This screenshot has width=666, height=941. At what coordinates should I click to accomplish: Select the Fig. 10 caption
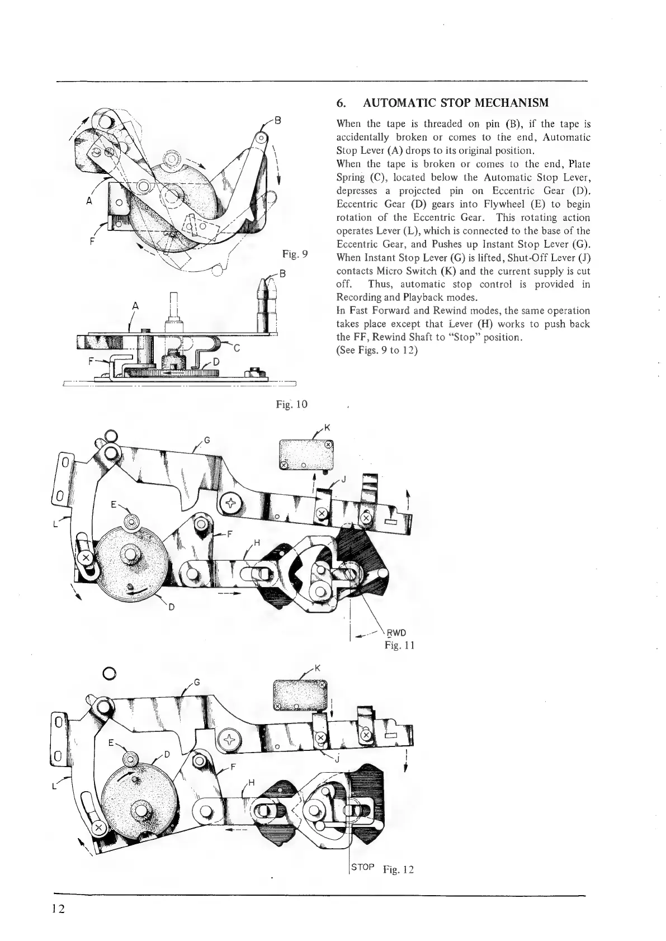click(291, 404)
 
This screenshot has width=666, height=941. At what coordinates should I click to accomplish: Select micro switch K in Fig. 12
click(299, 694)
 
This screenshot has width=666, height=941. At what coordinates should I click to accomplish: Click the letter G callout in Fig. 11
click(206, 440)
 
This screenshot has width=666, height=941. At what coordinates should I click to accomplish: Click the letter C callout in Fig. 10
click(237, 348)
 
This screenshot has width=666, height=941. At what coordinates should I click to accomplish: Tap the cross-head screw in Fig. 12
click(229, 740)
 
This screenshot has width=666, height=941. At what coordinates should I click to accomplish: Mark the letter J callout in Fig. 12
click(337, 759)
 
